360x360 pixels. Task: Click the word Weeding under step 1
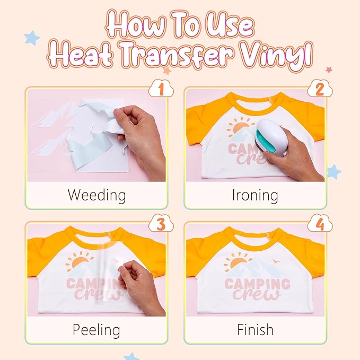[96, 196]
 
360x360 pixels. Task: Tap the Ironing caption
[255, 196]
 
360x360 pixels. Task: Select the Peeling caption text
[96, 330]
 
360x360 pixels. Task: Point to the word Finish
[255, 330]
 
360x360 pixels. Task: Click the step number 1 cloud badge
[161, 89]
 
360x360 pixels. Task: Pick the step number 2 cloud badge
[320, 89]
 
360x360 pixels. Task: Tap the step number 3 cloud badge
[161, 223]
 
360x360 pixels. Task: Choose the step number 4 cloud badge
[320, 223]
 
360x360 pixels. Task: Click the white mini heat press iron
[271, 138]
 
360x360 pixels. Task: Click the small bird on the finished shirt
[276, 261]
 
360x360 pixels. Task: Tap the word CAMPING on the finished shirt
[257, 284]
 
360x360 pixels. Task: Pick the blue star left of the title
[32, 38]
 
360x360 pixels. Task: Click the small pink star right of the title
[329, 69]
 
